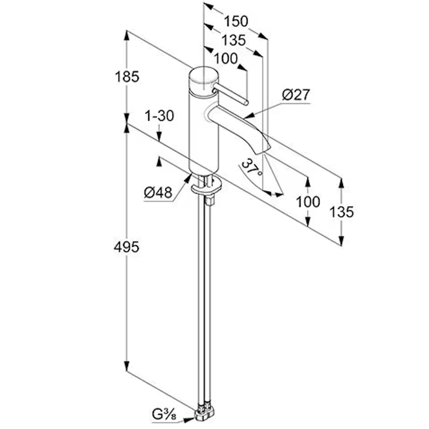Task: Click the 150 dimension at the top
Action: coord(236,21)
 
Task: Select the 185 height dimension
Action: coord(127,77)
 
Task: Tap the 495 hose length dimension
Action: coord(126,247)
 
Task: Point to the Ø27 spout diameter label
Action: coord(296,95)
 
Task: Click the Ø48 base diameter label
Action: coord(158,192)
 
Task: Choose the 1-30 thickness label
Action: coord(159,116)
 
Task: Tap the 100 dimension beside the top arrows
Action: coord(226,59)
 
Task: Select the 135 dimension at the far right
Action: coord(341,212)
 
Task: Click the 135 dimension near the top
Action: coord(234,41)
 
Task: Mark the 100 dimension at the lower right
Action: coord(308,202)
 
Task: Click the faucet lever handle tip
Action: coord(246,103)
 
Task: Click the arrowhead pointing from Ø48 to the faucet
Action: coord(188,178)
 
